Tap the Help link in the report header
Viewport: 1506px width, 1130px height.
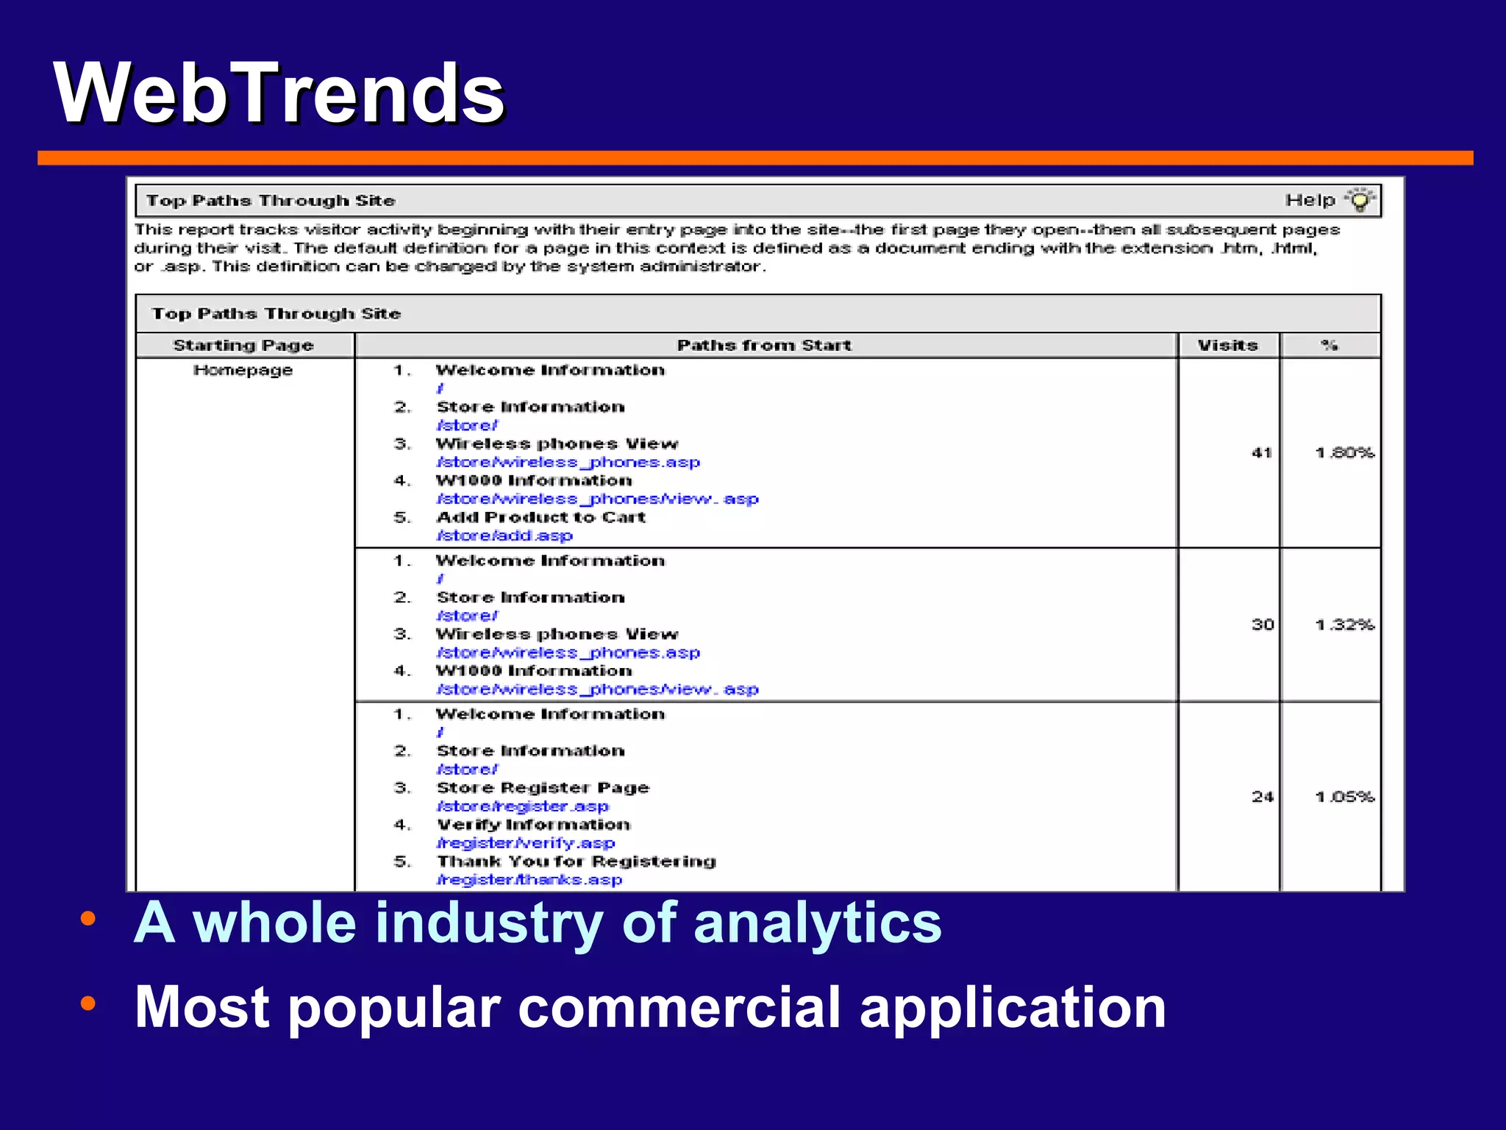coord(1310,200)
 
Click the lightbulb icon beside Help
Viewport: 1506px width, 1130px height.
coord(1360,200)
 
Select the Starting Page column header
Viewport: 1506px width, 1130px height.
coord(243,345)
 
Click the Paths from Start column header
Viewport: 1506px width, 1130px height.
coord(764,345)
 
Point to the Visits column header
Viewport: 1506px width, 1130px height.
coord(1227,345)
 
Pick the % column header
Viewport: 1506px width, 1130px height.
coord(1329,345)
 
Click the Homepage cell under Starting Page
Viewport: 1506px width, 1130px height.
coord(243,370)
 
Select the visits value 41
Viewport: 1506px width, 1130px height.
coord(1262,452)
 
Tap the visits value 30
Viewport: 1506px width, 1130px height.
coord(1263,625)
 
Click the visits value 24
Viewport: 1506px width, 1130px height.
coord(1263,797)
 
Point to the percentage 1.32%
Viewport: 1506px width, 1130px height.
coord(1344,625)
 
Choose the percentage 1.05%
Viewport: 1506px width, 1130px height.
coord(1344,797)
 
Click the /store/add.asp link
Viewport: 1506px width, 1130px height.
coord(504,536)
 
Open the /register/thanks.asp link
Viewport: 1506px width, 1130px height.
coord(529,880)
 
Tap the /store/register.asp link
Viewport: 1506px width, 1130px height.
coord(523,806)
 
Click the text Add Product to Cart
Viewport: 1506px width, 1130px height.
coord(541,517)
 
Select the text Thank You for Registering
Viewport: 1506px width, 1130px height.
coord(577,861)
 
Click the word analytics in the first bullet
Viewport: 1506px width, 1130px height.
coord(817,923)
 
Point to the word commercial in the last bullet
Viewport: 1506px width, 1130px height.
coord(679,1007)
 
